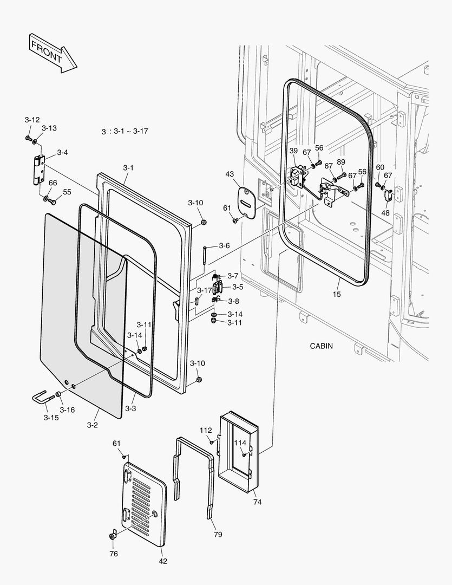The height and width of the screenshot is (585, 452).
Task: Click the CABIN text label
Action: pos(321,346)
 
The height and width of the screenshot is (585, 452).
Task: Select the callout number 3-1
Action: pos(128,168)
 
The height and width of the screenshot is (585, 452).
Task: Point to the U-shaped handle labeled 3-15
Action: pos(43,400)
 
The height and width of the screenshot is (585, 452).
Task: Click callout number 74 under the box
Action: pos(257,502)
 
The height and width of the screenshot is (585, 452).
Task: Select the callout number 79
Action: pos(217,535)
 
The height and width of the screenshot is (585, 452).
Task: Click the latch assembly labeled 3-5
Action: pos(218,287)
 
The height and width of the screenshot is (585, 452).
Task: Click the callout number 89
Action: pos(340,162)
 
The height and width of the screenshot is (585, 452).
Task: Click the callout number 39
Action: pos(293,151)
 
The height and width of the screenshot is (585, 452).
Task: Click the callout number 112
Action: pos(205,430)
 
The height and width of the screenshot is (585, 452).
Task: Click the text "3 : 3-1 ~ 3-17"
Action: pos(125,132)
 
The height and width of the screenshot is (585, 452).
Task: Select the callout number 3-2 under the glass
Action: pos(92,425)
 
